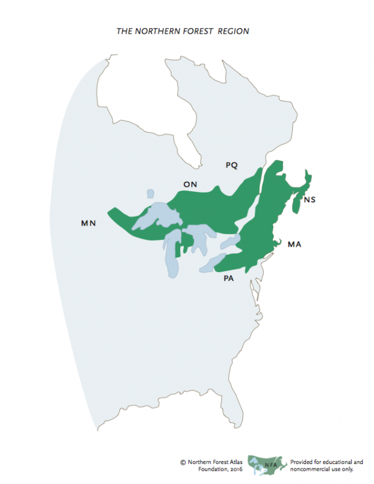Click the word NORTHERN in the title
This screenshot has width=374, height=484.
pyautogui.click(x=153, y=31)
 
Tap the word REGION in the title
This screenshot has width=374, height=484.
pyautogui.click(x=234, y=31)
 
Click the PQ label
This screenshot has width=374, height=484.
pyautogui.click(x=232, y=166)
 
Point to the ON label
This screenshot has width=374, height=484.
pyautogui.click(x=190, y=184)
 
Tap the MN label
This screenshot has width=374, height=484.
pyautogui.click(x=88, y=223)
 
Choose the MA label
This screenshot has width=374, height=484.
pyautogui.click(x=295, y=245)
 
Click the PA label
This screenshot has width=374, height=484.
pyautogui.click(x=229, y=278)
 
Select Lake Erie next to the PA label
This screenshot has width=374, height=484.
pyautogui.click(x=211, y=265)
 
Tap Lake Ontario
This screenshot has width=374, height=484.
pyautogui.click(x=231, y=240)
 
